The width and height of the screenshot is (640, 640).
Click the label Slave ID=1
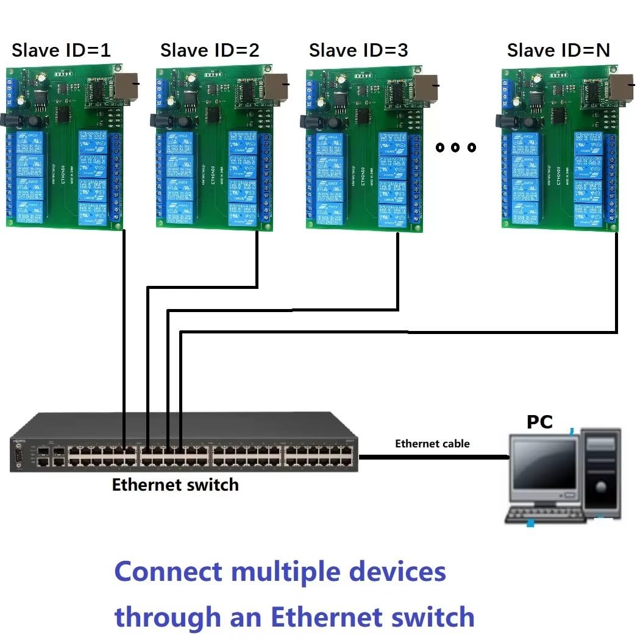pos(61,50)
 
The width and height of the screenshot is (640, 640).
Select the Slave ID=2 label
pos(210,50)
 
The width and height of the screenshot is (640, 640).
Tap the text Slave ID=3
pos(358,50)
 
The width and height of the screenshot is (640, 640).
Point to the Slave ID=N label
pos(558,50)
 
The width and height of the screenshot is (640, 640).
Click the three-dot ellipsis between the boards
pos(455,148)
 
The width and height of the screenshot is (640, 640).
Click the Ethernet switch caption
pos(175,485)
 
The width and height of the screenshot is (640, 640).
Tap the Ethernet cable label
pos(432,444)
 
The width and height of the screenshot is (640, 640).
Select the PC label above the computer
pos(539,422)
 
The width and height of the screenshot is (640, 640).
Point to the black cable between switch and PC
pos(433,456)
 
